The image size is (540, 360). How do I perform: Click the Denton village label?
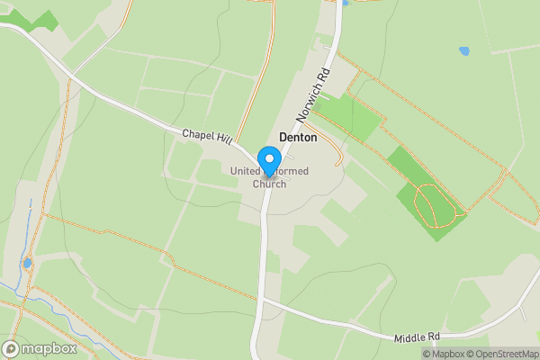click(x=298, y=138)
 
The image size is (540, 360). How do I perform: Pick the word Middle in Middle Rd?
click(x=410, y=337)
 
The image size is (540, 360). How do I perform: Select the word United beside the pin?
click(x=244, y=171)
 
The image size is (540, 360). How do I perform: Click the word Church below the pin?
click(x=269, y=184)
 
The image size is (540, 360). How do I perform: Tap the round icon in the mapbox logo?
click(x=11, y=349)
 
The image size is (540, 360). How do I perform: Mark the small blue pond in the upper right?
click(x=464, y=51)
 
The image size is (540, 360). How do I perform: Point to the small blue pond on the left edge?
click(x=26, y=264)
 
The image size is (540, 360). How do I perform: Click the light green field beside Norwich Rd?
click(x=348, y=115)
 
